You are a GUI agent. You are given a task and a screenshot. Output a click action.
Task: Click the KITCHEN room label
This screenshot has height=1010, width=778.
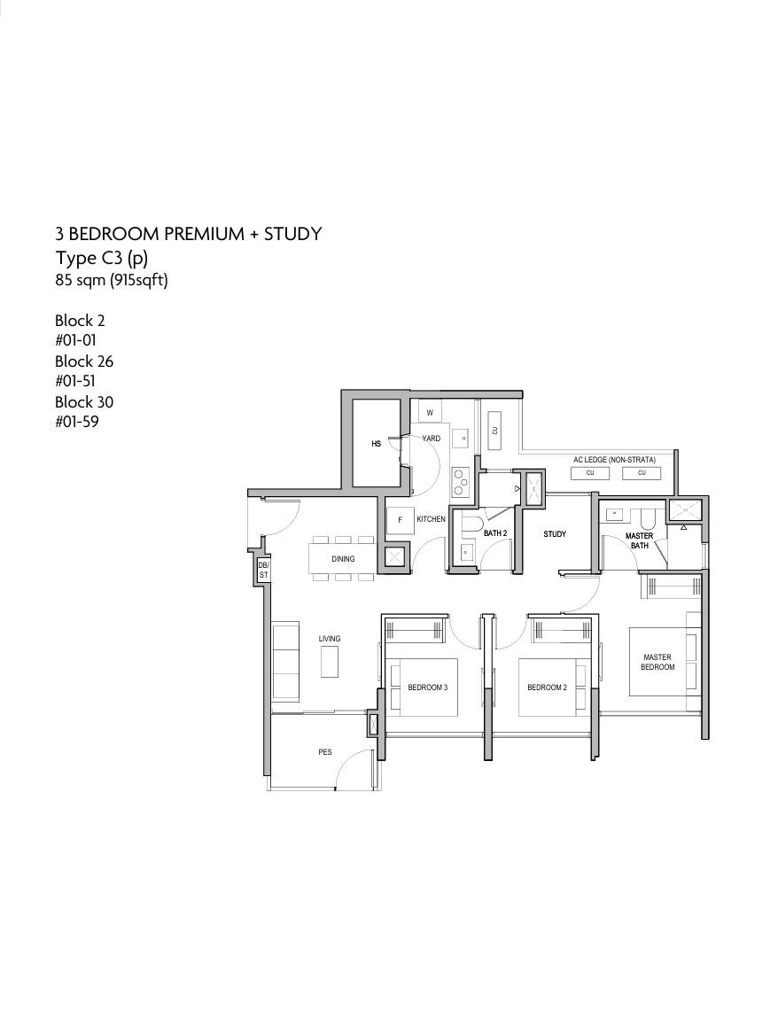(431, 518)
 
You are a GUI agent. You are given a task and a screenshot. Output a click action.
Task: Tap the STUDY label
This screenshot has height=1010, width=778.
(555, 534)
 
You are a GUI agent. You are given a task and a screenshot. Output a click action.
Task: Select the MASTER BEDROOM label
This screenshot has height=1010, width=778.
(657, 662)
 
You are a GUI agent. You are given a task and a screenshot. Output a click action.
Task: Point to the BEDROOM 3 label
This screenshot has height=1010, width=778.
(428, 688)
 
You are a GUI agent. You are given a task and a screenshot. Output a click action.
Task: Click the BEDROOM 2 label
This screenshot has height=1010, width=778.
(548, 688)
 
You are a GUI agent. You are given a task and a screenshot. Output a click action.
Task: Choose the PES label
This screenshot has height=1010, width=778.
(325, 751)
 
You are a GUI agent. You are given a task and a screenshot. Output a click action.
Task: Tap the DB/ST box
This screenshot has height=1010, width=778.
(263, 570)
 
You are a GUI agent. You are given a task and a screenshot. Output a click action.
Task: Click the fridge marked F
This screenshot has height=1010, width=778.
(400, 520)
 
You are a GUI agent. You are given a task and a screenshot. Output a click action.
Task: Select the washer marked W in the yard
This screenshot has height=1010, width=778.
(430, 412)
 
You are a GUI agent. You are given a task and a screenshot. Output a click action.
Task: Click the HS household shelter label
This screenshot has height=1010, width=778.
(376, 444)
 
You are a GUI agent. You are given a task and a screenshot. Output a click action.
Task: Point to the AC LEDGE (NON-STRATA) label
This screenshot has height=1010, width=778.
(614, 460)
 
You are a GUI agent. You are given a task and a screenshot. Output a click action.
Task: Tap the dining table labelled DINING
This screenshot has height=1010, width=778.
(343, 558)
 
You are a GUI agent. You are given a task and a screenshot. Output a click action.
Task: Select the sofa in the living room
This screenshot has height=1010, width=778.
(285, 661)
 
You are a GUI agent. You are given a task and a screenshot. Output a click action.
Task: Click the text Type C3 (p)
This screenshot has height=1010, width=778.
(102, 259)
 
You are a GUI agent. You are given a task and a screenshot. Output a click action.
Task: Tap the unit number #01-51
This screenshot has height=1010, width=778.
(75, 381)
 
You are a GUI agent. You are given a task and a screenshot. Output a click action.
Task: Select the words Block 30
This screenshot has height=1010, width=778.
(84, 402)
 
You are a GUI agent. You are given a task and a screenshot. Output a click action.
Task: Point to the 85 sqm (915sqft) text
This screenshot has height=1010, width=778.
(112, 281)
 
